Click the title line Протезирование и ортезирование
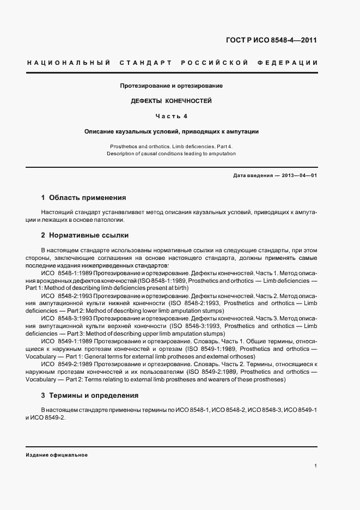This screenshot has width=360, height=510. pyautogui.click(x=172, y=86)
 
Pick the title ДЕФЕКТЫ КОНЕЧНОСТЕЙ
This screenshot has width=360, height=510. pyautogui.click(x=172, y=101)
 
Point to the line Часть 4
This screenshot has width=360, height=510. pyautogui.click(x=172, y=116)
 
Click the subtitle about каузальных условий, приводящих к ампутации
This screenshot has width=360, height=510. pyautogui.click(x=172, y=131)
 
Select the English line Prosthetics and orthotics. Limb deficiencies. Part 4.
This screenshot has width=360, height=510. pyautogui.click(x=172, y=147)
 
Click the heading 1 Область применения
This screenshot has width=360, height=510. pyautogui.click(x=83, y=198)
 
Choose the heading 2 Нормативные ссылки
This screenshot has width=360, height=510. pyautogui.click(x=85, y=235)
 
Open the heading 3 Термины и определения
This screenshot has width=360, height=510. pyautogui.click(x=90, y=395)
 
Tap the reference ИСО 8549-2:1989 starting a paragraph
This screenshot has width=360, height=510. pyautogui.click(x=66, y=363)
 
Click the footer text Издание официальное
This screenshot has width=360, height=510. pyautogui.click(x=57, y=454)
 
